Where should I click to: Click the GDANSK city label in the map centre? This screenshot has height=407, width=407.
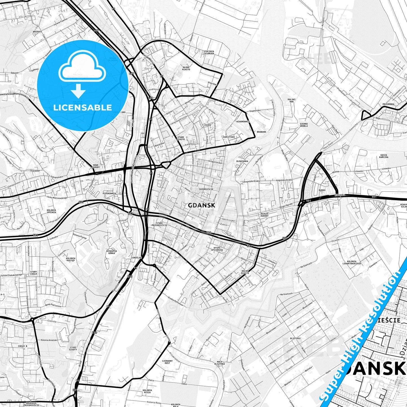(x=201, y=205)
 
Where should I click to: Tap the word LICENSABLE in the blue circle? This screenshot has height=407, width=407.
(x=83, y=108)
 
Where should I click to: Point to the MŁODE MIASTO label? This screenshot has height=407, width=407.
(x=186, y=68)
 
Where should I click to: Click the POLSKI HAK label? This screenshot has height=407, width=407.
(x=292, y=100)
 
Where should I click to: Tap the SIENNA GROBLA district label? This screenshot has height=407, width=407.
(x=304, y=125)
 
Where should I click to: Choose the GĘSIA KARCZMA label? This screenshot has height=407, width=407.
(x=384, y=156)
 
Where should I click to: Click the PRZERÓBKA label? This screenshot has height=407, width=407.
(x=388, y=104)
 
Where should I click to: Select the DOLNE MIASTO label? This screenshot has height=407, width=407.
(x=245, y=272)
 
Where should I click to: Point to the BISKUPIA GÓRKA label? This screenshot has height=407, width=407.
(x=112, y=252)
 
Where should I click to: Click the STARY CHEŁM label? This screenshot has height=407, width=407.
(x=34, y=273)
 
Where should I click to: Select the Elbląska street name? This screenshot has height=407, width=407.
(x=340, y=195)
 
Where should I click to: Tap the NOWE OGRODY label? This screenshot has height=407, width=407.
(x=96, y=166)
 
